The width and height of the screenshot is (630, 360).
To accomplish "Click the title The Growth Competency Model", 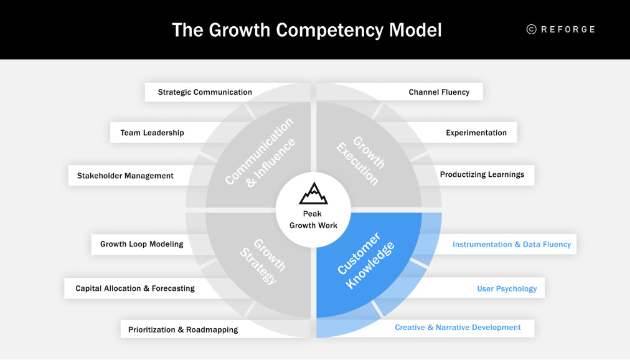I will click(306, 30).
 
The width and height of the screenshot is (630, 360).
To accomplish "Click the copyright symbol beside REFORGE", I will click(531, 29).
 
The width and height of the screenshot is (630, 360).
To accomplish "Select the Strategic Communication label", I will click(205, 92).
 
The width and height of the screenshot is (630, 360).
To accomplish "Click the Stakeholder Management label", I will click(125, 176).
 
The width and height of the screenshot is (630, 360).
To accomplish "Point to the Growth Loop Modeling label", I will click(142, 244).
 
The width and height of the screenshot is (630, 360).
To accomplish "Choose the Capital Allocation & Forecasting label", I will click(135, 288).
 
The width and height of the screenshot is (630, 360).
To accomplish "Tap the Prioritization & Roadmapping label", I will click(183, 329).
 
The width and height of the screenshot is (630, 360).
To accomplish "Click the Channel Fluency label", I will click(439, 92).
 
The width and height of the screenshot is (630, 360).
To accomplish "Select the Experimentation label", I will click(476, 133).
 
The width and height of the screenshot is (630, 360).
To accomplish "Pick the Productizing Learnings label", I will click(482, 174).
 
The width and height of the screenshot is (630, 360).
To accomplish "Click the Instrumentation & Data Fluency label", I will click(512, 244).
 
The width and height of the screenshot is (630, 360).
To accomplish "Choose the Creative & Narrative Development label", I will click(458, 328).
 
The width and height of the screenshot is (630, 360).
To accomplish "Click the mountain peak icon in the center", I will click(313, 194).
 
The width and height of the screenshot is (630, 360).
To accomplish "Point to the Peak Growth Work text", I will click(313, 219).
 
